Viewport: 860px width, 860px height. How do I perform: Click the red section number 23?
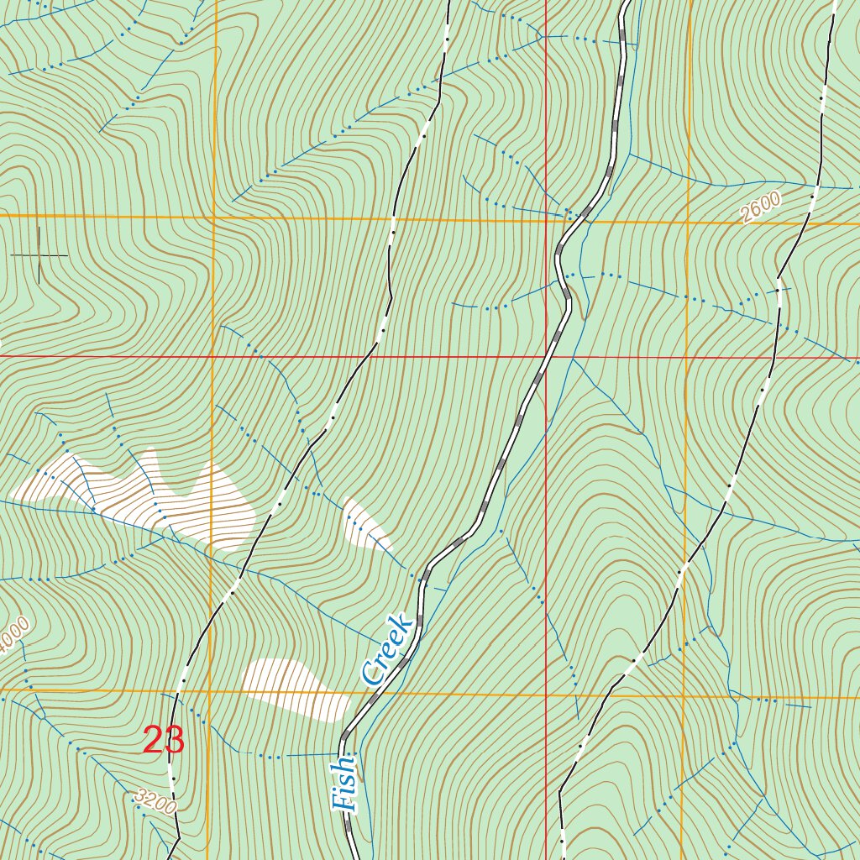(164, 741)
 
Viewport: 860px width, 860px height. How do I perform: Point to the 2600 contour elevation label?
(761, 207)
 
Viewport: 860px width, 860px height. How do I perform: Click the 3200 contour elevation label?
(155, 801)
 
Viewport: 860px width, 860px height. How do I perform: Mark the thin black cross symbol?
(39, 254)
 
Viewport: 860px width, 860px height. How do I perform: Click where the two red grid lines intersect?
(546, 356)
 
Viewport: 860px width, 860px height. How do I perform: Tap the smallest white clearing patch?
(365, 524)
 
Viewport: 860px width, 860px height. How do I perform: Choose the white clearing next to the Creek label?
(294, 687)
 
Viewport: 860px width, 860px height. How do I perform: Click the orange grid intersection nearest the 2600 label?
(688, 223)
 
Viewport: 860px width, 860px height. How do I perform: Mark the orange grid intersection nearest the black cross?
(213, 217)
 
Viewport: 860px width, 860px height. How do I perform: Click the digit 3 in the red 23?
(174, 741)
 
